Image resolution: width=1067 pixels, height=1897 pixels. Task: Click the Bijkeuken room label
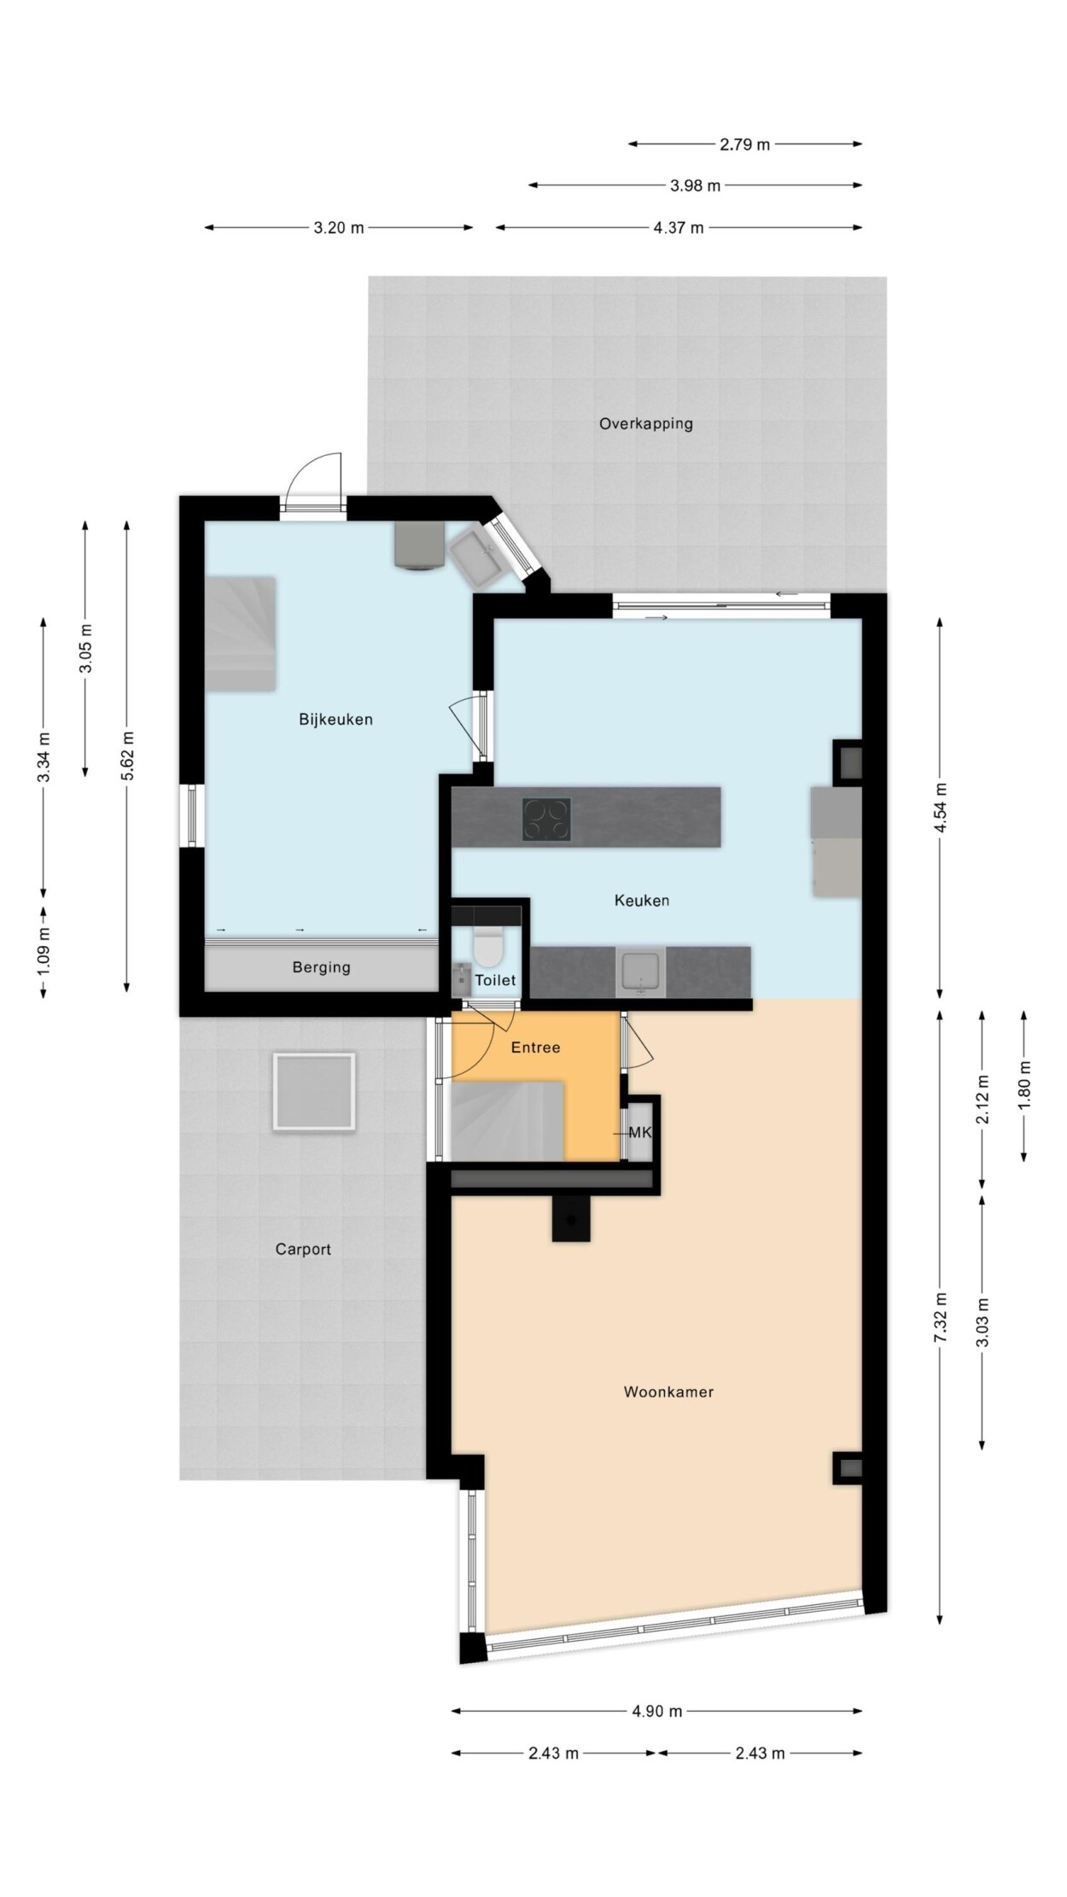[x=335, y=720]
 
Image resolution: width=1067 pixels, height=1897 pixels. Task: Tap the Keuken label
[x=642, y=901]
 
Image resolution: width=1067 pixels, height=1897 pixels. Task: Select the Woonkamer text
[x=668, y=1392]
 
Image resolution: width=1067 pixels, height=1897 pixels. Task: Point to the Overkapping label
[x=645, y=423]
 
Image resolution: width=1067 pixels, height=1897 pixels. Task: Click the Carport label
[x=303, y=1249]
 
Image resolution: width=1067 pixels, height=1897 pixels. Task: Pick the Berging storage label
[x=321, y=967]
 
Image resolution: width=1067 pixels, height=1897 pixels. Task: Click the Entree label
[x=536, y=1048]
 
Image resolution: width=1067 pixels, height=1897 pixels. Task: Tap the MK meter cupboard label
[x=639, y=1133]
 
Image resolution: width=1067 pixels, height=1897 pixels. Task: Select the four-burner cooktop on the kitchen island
[x=546, y=820]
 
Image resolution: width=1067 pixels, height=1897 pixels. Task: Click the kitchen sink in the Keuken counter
[x=641, y=972]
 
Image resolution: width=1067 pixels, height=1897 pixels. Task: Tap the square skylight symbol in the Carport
[x=314, y=1092]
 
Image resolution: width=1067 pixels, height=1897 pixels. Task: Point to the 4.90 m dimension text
[x=656, y=1711]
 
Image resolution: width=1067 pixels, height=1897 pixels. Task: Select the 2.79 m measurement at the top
[x=744, y=144]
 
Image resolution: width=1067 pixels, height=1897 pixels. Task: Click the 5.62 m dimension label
[x=127, y=756]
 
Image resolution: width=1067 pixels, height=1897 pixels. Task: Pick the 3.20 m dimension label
[x=339, y=228]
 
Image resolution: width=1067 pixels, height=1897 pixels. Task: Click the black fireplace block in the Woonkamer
[x=571, y=1217]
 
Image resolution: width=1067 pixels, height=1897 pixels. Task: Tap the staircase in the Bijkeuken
[x=240, y=633]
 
